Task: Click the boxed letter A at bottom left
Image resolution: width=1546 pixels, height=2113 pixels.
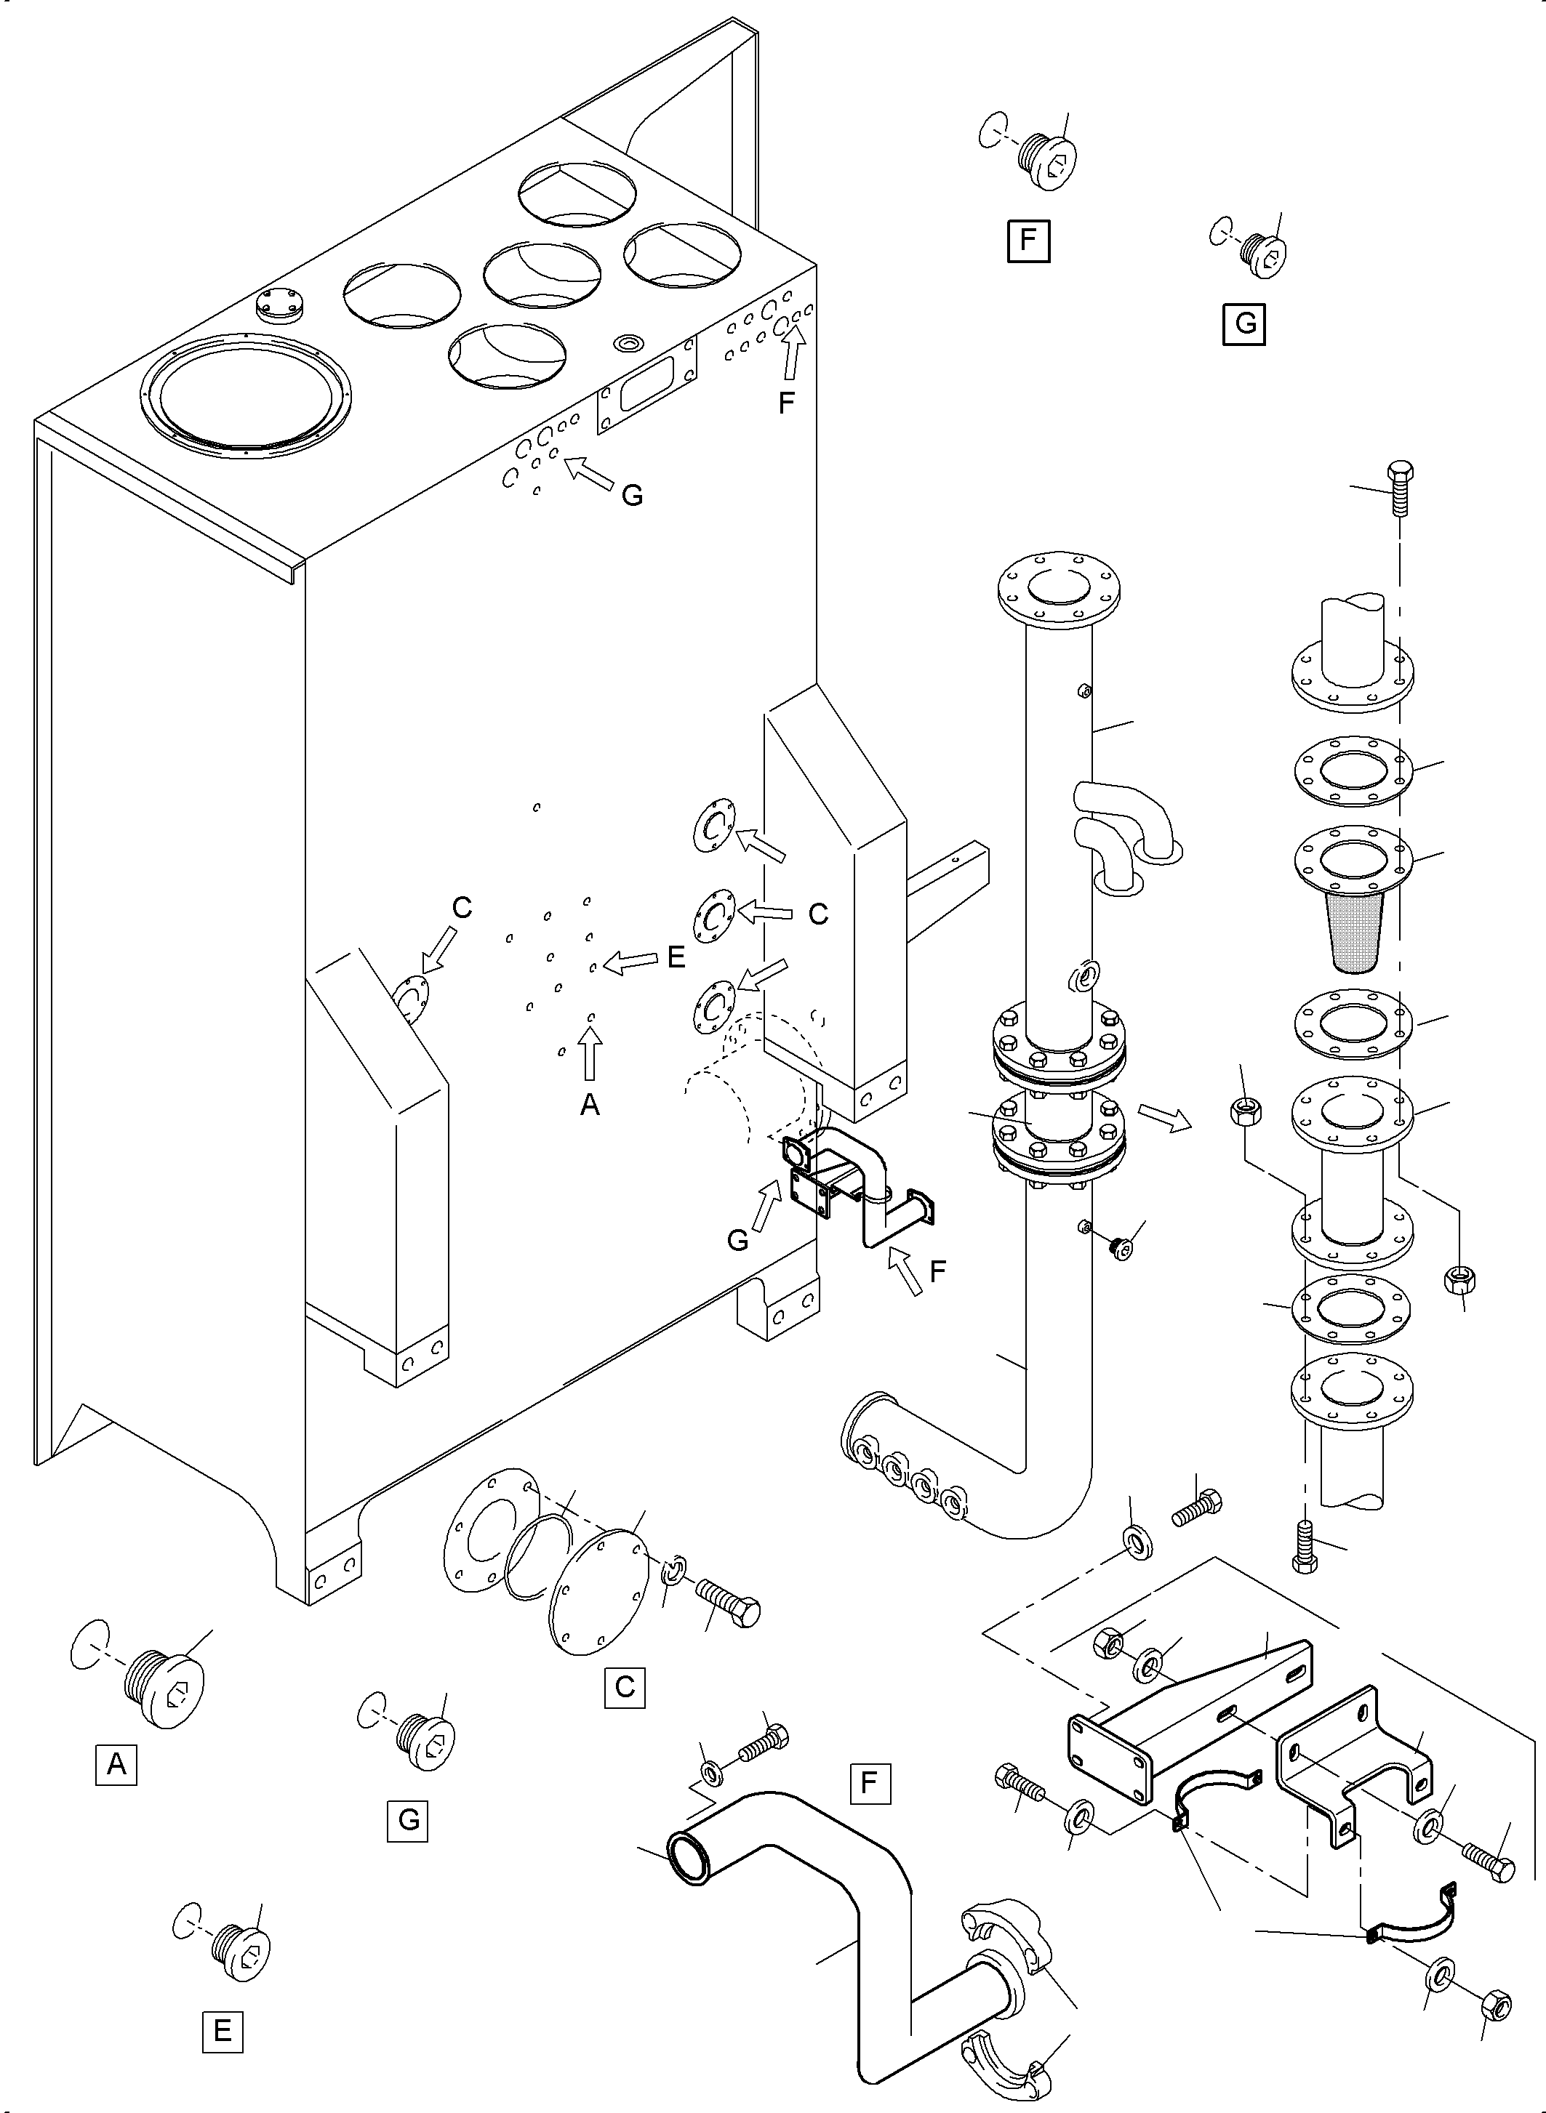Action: point(116,1765)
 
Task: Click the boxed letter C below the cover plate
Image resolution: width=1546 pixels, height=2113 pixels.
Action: point(624,1686)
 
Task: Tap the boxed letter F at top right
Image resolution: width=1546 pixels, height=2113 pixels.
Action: point(1028,241)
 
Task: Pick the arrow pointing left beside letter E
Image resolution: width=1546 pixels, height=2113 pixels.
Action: point(632,961)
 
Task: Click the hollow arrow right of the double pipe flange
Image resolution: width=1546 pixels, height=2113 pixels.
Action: point(1164,1116)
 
